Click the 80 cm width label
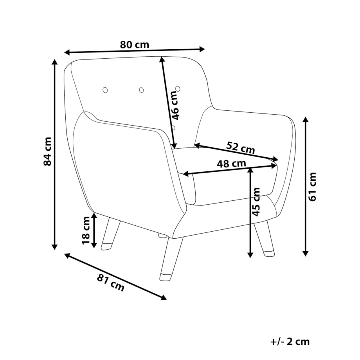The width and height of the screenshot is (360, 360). coord(135,45)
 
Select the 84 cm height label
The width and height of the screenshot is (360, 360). coord(47,151)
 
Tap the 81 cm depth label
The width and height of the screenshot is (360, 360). coord(110,283)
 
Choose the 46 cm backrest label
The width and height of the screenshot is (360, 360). coord(175,105)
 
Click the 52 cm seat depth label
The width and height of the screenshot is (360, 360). coord(241,148)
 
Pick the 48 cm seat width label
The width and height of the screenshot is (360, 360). coord(231,164)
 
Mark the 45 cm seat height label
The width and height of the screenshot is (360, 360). coord(256,202)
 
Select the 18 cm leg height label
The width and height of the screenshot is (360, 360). coord(86,230)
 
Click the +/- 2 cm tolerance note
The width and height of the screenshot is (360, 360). coord(290,342)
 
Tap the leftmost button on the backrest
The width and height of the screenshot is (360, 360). coord(105,90)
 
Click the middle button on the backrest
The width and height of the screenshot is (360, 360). coord(141,90)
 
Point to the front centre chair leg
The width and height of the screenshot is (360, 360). coord(171,259)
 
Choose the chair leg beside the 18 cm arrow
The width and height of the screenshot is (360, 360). coord(111,234)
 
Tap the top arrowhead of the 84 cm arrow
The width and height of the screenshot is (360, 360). coord(54,62)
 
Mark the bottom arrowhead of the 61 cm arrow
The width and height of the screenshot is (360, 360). coord(305,253)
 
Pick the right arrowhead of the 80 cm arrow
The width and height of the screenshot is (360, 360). coord(202,49)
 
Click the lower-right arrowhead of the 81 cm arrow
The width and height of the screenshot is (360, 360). coord(164,297)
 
